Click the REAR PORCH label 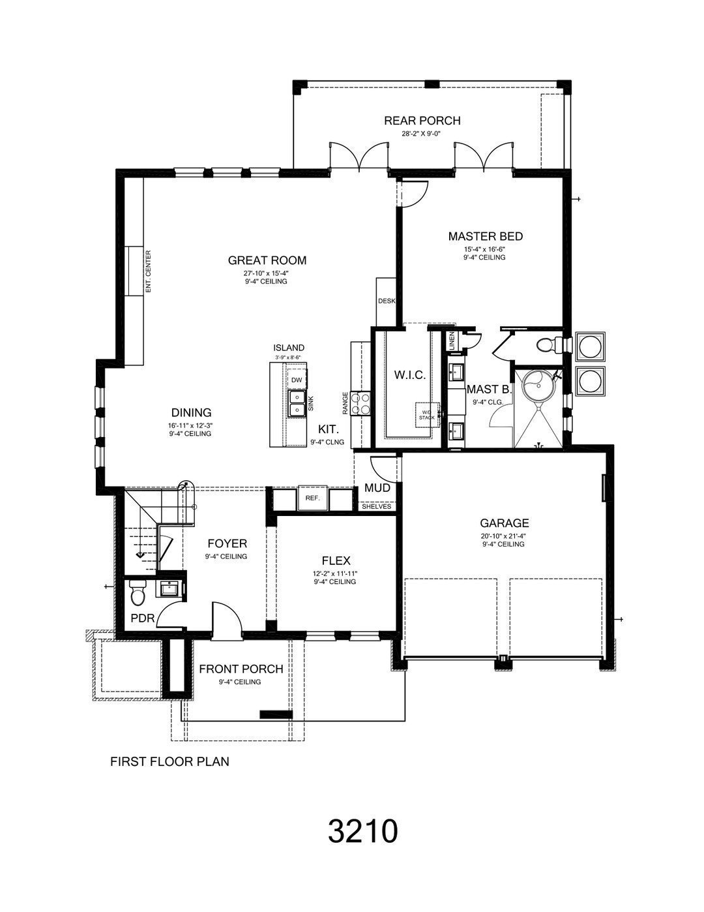pyautogui.click(x=422, y=121)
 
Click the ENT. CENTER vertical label pyautogui.click(x=149, y=271)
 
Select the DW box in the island pyautogui.click(x=297, y=380)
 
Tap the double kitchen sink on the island pyautogui.click(x=297, y=403)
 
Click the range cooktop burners pyautogui.click(x=361, y=403)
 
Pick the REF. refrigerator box pyautogui.click(x=312, y=498)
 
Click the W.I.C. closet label pyautogui.click(x=410, y=375)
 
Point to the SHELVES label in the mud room pyautogui.click(x=376, y=506)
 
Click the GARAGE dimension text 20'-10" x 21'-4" pyautogui.click(x=504, y=536)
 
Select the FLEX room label pyautogui.click(x=336, y=560)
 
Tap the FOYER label pyautogui.click(x=227, y=543)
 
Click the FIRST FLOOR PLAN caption pyautogui.click(x=169, y=761)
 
